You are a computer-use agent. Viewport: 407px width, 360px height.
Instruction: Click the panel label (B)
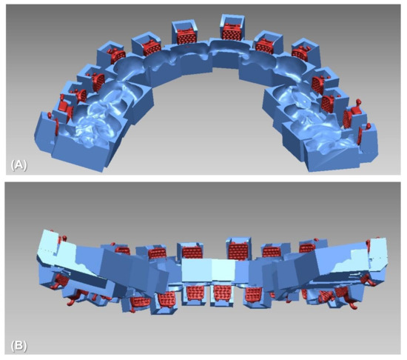18,344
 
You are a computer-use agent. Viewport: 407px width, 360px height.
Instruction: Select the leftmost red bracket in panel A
50,116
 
